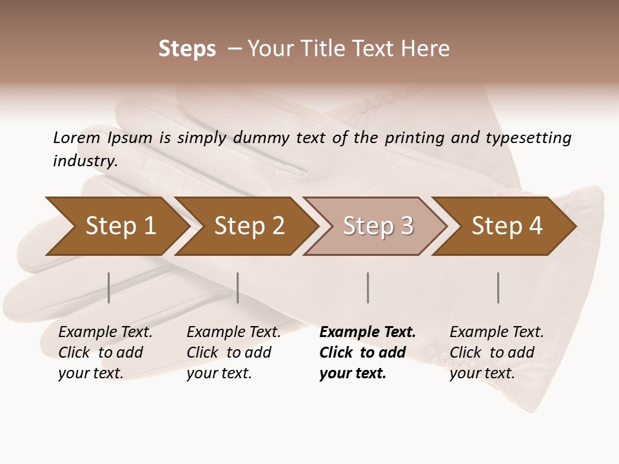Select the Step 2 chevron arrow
(248, 226)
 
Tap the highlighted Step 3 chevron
(377, 226)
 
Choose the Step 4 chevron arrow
(506, 226)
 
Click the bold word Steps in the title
(187, 49)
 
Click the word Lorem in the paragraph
(77, 137)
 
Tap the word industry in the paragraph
(84, 161)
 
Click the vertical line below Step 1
(109, 287)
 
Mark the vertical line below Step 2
(238, 287)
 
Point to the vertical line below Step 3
(368, 287)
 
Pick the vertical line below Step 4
(498, 287)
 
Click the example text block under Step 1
(104, 353)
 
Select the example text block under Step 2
(233, 353)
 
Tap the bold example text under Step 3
(367, 353)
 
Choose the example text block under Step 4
(496, 353)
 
